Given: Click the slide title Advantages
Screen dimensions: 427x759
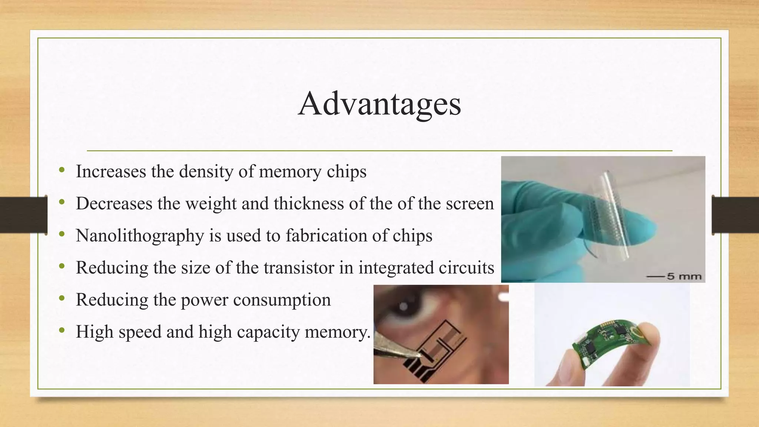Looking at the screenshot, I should pyautogui.click(x=379, y=104).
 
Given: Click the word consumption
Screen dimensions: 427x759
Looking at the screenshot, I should pyautogui.click(x=282, y=300).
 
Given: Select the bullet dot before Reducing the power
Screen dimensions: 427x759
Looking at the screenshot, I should pyautogui.click(x=62, y=299).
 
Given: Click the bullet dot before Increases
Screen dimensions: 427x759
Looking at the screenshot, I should pyautogui.click(x=62, y=171).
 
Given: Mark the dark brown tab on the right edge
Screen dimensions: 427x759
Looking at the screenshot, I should pyautogui.click(x=735, y=215).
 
